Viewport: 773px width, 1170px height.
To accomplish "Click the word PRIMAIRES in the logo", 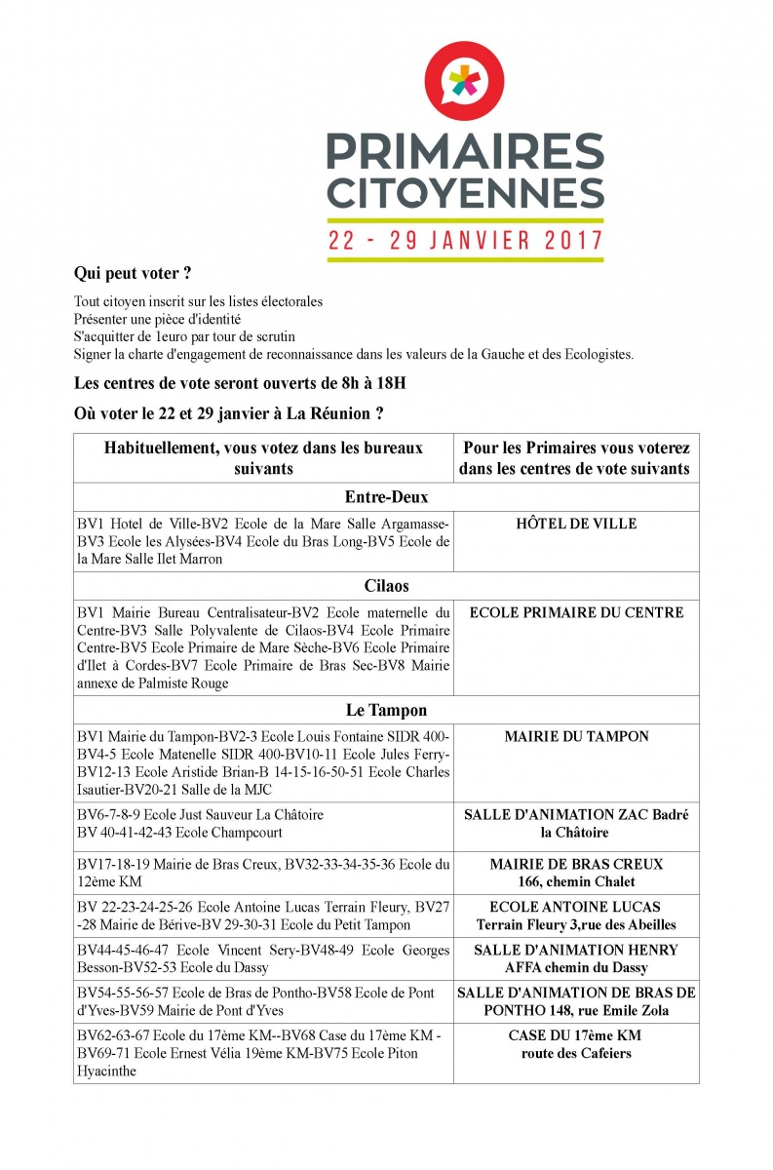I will click(465, 151).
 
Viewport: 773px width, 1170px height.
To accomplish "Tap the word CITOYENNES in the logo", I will click(465, 192).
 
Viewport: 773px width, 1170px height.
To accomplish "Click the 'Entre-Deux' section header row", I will click(386, 497).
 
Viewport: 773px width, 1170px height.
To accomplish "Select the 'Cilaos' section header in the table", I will click(386, 586).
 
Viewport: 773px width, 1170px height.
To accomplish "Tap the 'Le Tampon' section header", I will click(386, 711).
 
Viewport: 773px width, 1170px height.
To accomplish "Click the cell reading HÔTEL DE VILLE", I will click(576, 524).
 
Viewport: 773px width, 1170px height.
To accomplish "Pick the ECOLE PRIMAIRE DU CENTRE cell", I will click(576, 612).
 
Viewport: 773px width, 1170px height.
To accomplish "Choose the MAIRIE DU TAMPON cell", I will click(576, 737).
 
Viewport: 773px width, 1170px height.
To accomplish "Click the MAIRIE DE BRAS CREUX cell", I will click(576, 864).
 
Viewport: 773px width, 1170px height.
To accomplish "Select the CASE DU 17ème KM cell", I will click(575, 1035).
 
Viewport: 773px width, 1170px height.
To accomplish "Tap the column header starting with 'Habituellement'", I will click(263, 458).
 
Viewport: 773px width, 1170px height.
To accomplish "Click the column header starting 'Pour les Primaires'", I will click(576, 458).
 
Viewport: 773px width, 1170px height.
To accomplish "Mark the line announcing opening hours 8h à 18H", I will click(240, 383).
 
